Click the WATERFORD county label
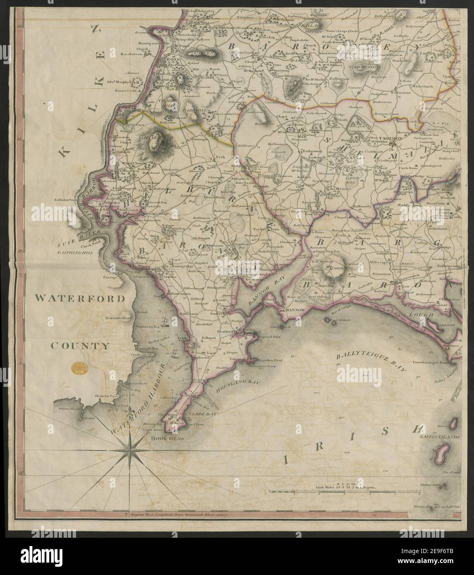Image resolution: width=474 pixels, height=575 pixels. point(79,298)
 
